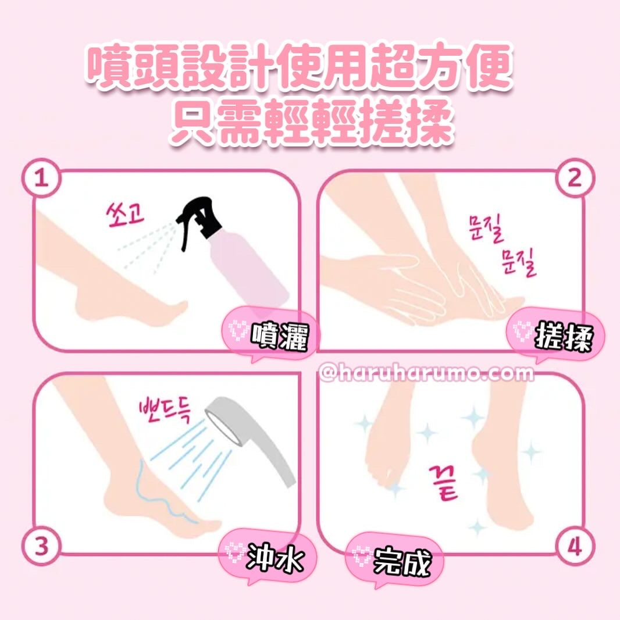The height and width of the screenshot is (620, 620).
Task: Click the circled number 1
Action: (41, 179)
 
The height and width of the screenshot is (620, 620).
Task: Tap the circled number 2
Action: (575, 179)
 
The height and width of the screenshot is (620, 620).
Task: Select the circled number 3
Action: (41, 547)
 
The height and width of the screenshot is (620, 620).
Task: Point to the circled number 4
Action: (575, 547)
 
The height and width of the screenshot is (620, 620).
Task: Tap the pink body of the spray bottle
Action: (249, 273)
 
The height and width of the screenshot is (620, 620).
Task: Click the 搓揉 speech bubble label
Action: (555, 337)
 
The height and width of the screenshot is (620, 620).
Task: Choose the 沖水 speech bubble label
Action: (268, 558)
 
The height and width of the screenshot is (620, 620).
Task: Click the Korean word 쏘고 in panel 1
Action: (126, 215)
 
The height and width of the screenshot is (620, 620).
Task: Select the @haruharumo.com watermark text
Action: (426, 373)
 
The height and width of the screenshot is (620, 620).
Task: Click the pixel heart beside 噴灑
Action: (238, 332)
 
